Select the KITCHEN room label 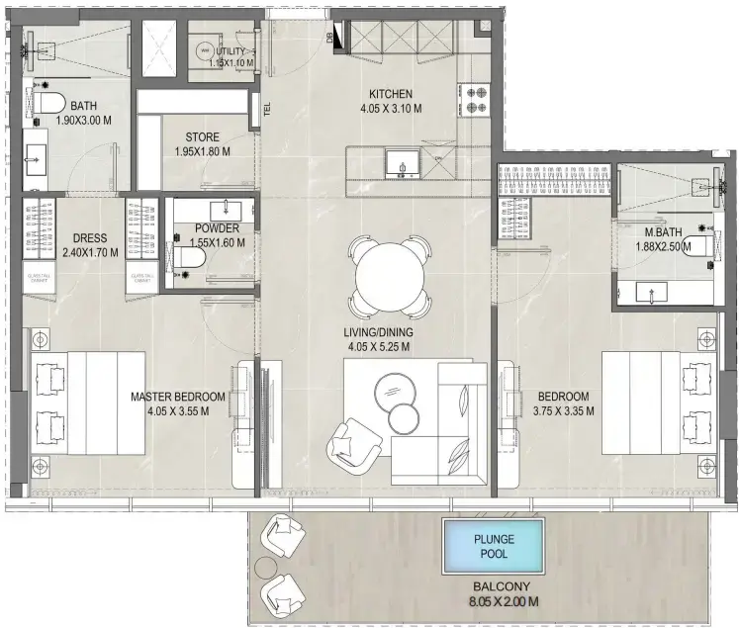click(386, 95)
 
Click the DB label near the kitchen click(329, 39)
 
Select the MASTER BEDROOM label click(178, 397)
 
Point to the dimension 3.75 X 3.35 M click(563, 410)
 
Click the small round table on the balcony click(266, 568)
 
